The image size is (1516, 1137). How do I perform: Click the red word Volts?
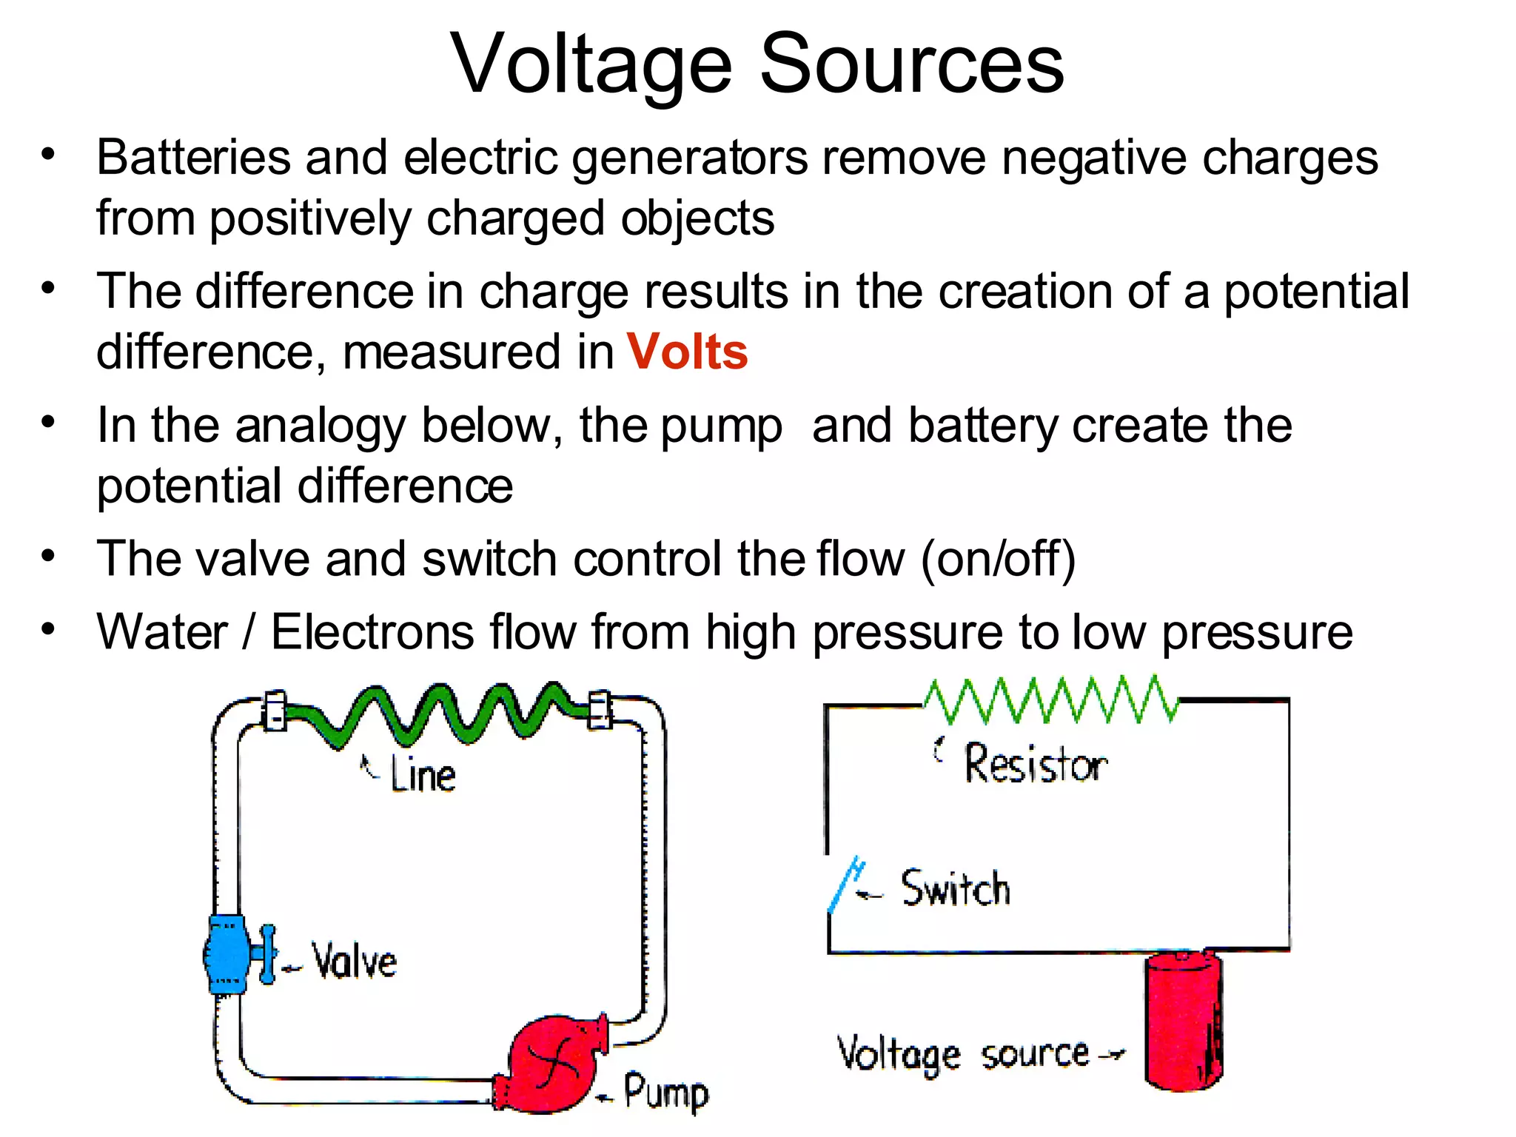pos(687,352)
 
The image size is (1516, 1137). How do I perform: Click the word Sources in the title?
pos(911,64)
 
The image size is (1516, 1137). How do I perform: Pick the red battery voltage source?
pos(1182,1022)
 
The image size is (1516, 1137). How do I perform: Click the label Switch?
pos(955,888)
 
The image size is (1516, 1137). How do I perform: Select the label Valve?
pos(354,962)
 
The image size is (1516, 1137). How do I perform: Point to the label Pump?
pos(665,1092)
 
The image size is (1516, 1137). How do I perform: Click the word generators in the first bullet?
pos(689,159)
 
